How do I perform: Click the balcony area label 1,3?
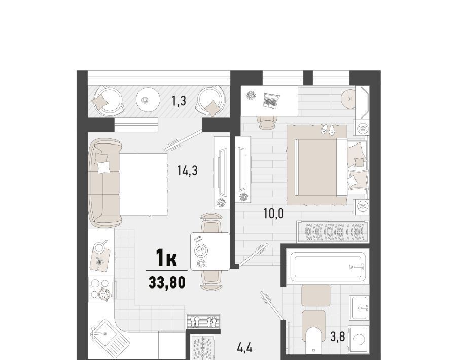179,101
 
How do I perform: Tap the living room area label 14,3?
187,170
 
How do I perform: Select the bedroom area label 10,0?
273,213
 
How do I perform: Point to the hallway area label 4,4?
244,348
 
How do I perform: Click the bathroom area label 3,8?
338,337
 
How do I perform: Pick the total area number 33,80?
167,283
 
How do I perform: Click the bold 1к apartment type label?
166,258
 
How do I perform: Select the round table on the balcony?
148,100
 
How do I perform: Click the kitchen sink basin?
106,332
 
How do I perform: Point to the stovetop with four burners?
101,289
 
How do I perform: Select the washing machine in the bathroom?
359,339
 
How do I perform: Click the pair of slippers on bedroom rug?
327,129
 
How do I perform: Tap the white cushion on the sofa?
103,167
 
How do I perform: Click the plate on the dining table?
202,250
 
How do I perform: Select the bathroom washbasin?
359,308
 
